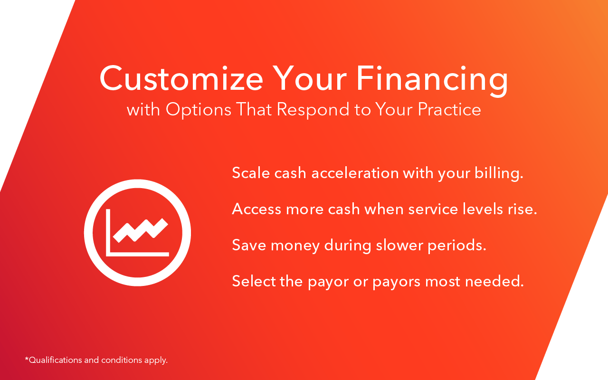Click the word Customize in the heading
[181, 78]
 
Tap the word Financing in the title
[432, 81]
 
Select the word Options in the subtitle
[199, 110]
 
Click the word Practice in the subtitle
[449, 109]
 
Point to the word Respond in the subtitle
[313, 110]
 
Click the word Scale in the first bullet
[251, 173]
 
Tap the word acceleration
[355, 173]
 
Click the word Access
[256, 209]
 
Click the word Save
[249, 246]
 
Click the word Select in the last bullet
[254, 281]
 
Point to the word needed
[494, 281]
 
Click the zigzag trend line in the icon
[140, 230]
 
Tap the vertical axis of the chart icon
[108, 232]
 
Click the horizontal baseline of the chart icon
[137, 254]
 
